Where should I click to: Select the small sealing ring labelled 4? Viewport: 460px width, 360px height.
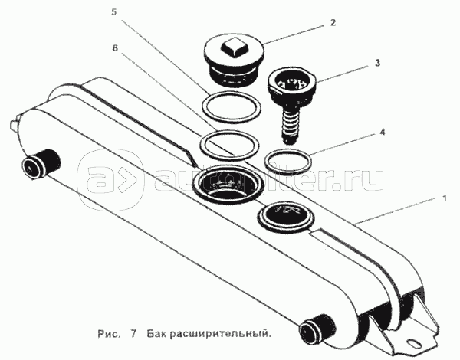coord(288,162)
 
